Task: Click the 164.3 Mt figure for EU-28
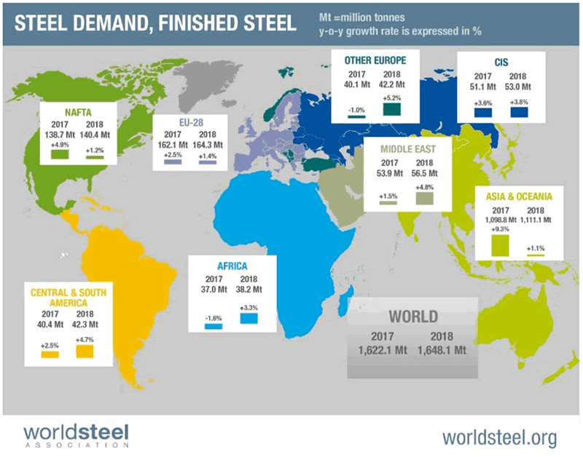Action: [x=208, y=146]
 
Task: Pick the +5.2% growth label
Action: [x=391, y=98]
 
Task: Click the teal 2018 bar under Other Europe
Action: [x=391, y=109]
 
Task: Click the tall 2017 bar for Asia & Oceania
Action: [x=498, y=245]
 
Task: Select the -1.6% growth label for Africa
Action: [x=213, y=317]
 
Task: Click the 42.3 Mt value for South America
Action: [x=85, y=324]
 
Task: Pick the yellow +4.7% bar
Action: [x=85, y=352]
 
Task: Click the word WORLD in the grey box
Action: [x=412, y=316]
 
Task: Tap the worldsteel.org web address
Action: [x=499, y=437]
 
